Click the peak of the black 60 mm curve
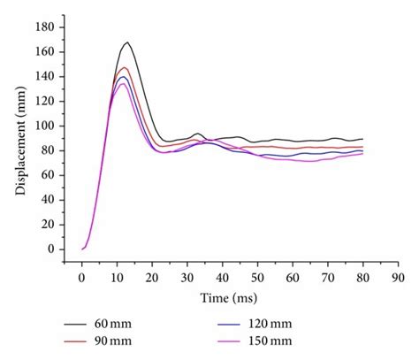[127, 42]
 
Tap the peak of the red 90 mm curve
[125, 68]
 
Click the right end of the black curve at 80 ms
[362, 139]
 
